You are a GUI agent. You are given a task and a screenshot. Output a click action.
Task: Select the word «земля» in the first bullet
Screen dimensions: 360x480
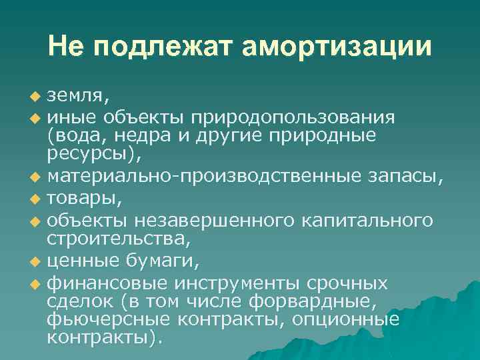pyautogui.click(x=75, y=99)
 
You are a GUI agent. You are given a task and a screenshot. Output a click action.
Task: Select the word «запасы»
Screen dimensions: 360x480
pyautogui.click(x=405, y=178)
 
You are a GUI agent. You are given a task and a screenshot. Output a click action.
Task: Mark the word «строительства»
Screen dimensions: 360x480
pyautogui.click(x=109, y=237)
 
